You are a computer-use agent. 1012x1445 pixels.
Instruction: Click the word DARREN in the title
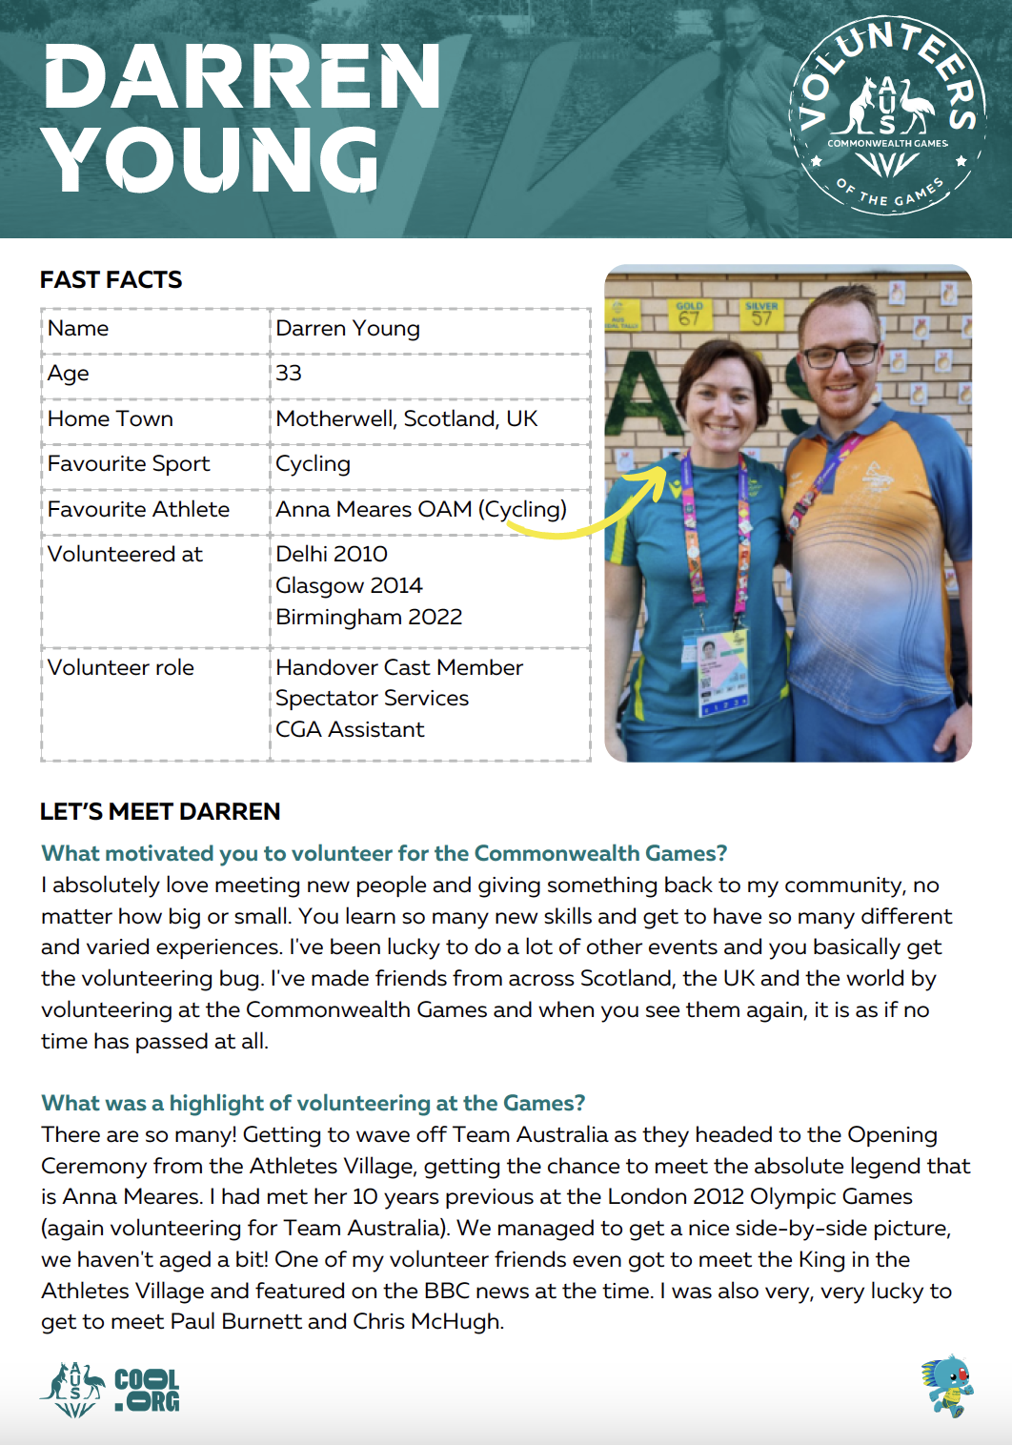[x=242, y=77]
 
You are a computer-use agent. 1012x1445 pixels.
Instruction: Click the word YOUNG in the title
[x=212, y=160]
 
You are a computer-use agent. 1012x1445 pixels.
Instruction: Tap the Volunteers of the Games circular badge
[x=887, y=115]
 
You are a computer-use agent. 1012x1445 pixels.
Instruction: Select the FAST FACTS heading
[x=111, y=279]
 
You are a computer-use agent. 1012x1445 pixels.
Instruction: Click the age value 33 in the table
[x=289, y=374]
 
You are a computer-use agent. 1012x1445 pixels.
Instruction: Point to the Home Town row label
[x=111, y=418]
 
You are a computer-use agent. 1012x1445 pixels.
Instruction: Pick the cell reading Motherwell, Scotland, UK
[x=407, y=418]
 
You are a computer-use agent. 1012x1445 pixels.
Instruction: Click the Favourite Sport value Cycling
[x=313, y=464]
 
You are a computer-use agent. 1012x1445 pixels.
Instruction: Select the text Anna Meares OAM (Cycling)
[x=420, y=509]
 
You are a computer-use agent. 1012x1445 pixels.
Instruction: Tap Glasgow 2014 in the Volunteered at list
[x=349, y=585]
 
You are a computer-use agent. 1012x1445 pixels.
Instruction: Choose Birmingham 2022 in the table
[x=369, y=617]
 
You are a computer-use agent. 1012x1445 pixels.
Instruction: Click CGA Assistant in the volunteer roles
[x=350, y=729]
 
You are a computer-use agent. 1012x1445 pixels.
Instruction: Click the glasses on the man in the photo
[x=840, y=356]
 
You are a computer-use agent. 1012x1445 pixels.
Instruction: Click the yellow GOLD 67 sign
[x=689, y=315]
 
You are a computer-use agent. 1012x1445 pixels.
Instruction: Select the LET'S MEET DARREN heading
[x=160, y=811]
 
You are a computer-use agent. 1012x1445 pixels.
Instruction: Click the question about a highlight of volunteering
[x=313, y=1103]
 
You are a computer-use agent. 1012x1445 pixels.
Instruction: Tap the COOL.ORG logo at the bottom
[x=147, y=1391]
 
